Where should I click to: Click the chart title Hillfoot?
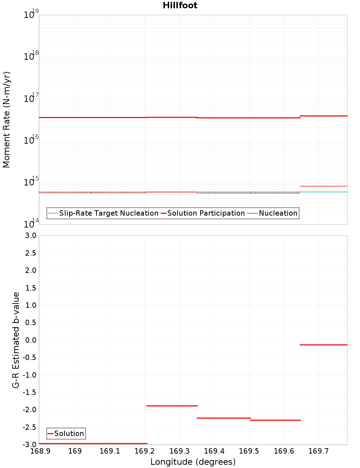pos(180,5)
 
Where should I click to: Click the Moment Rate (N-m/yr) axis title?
pos(6,120)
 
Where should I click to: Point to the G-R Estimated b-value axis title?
pos(15,340)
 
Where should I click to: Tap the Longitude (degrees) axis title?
pos(193,462)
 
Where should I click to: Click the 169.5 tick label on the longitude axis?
pos(249,451)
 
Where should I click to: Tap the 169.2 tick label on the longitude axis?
pos(144,451)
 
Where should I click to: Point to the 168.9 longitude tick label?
pos(40,451)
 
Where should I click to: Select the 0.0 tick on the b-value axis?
pos(30,340)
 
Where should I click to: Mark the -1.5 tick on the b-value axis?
pos(30,392)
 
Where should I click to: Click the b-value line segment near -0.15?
pos(323,345)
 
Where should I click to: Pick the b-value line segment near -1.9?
pos(172,406)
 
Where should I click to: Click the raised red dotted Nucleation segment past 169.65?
pos(323,186)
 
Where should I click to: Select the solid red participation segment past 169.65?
pos(323,116)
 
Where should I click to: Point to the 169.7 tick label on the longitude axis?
pos(318,451)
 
